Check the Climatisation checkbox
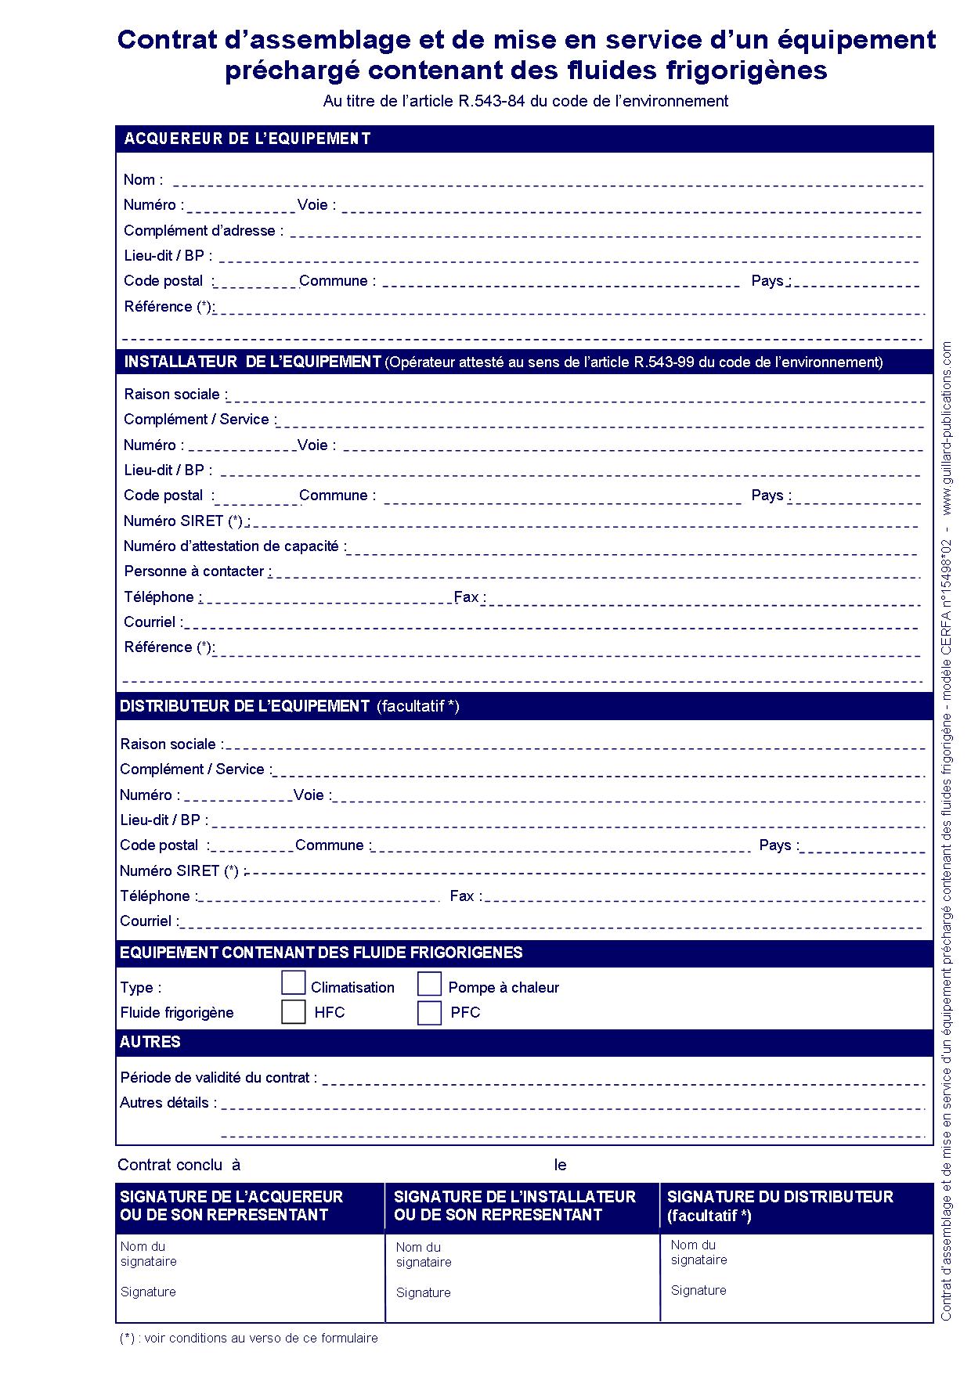(x=293, y=983)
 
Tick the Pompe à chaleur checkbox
(x=429, y=984)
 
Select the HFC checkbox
(x=293, y=1011)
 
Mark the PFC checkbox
(x=429, y=1012)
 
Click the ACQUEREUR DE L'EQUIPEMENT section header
(x=247, y=139)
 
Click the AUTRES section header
(x=150, y=1042)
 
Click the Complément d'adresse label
(x=203, y=231)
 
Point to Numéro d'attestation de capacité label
(x=234, y=546)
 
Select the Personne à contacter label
(x=197, y=571)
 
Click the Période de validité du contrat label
(x=218, y=1078)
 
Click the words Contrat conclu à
(x=179, y=1165)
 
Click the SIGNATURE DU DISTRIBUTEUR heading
(x=780, y=1197)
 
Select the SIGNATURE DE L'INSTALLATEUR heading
(x=514, y=1197)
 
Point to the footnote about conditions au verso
(x=248, y=1339)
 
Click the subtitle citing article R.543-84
(x=525, y=101)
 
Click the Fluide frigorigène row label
(x=177, y=1013)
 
